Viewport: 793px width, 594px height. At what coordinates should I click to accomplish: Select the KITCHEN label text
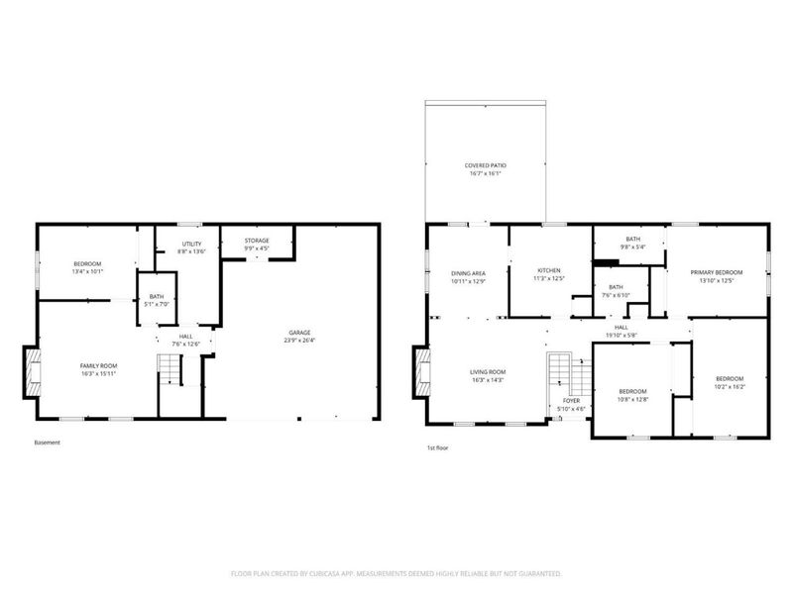click(x=550, y=270)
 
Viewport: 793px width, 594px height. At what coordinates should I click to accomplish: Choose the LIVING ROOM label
click(x=488, y=371)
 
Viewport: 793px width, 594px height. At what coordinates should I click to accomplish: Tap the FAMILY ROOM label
click(x=99, y=365)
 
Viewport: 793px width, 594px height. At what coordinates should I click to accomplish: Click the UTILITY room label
click(x=192, y=244)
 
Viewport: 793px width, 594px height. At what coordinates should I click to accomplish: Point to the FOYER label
click(x=572, y=401)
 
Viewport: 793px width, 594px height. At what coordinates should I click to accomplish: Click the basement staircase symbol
click(x=171, y=370)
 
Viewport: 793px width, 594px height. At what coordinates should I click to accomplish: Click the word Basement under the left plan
click(x=47, y=443)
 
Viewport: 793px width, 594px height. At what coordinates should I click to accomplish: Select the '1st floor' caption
click(x=438, y=448)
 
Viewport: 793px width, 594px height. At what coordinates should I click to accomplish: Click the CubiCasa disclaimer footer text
click(x=396, y=572)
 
